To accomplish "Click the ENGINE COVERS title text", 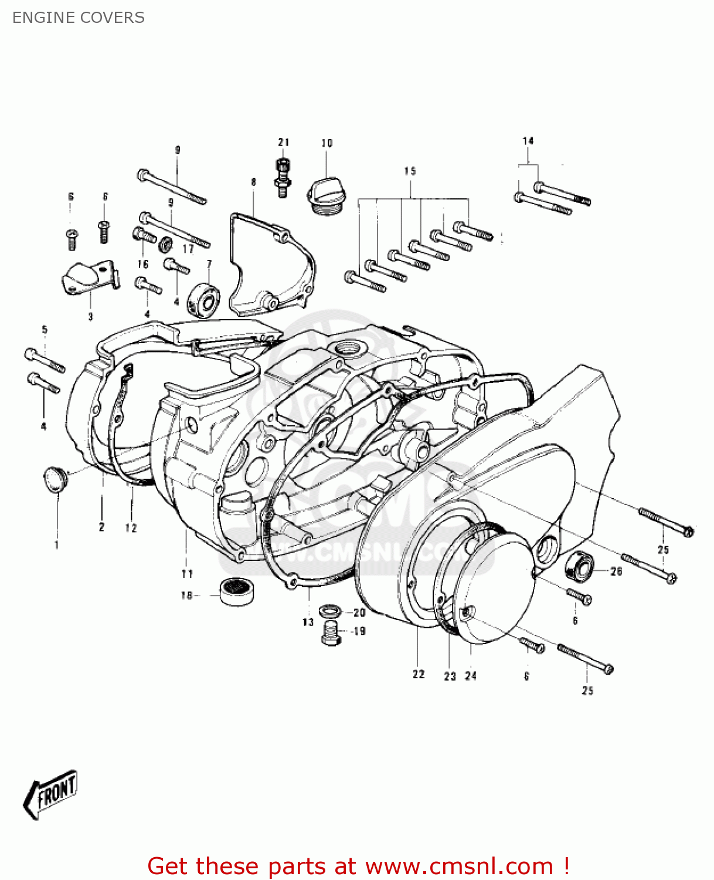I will click(79, 18).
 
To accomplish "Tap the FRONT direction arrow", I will click(50, 794).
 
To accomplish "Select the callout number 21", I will click(284, 142).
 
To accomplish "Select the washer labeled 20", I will click(331, 611).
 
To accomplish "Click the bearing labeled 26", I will click(579, 567).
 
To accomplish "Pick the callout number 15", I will click(410, 171).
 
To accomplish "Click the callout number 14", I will click(528, 141).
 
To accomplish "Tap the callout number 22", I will click(419, 675).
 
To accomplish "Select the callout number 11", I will click(187, 574).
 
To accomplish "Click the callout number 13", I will click(308, 622).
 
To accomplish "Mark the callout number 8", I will click(254, 182).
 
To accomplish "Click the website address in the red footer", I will click(458, 866).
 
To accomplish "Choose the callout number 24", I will click(471, 676).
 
